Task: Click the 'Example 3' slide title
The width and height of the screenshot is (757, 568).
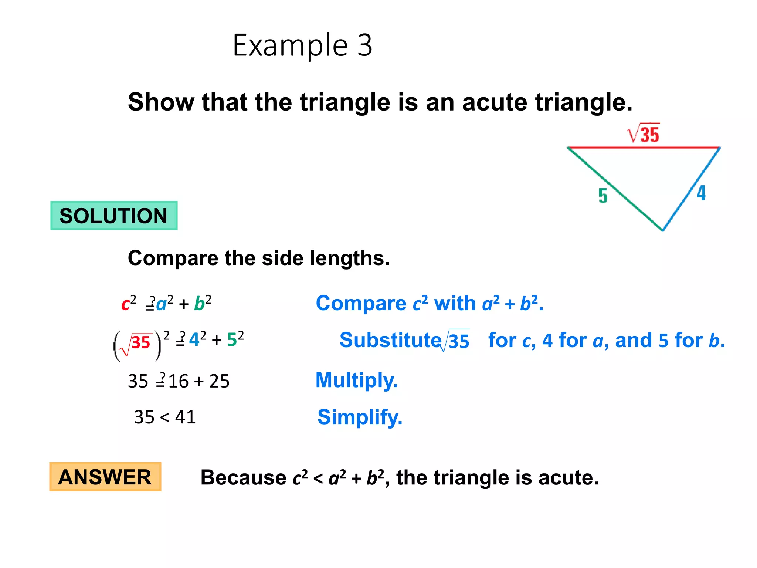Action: pyautogui.click(x=302, y=45)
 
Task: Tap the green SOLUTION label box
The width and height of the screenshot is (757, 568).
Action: pyautogui.click(x=114, y=216)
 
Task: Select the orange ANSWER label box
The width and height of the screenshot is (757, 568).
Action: pyautogui.click(x=105, y=477)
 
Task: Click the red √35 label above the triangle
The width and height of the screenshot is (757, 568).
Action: pyautogui.click(x=644, y=134)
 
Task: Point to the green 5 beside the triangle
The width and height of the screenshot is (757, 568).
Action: pyautogui.click(x=603, y=196)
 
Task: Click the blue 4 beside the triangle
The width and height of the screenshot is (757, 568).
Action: pyautogui.click(x=701, y=193)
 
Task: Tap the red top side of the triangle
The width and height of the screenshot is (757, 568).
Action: pyautogui.click(x=643, y=148)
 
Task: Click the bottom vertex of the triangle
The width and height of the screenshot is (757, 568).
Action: pyautogui.click(x=662, y=230)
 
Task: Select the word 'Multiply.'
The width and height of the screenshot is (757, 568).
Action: pyautogui.click(x=357, y=380)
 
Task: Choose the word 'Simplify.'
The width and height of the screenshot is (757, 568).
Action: pyautogui.click(x=360, y=417)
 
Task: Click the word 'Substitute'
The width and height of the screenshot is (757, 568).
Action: pyautogui.click(x=390, y=340)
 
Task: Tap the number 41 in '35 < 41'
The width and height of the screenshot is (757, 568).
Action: pyautogui.click(x=185, y=417)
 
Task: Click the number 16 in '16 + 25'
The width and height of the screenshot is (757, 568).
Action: pyautogui.click(x=179, y=381)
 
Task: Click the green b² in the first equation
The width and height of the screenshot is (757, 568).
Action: pyautogui.click(x=203, y=303)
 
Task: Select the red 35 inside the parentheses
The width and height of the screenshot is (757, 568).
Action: pyautogui.click(x=141, y=342)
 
